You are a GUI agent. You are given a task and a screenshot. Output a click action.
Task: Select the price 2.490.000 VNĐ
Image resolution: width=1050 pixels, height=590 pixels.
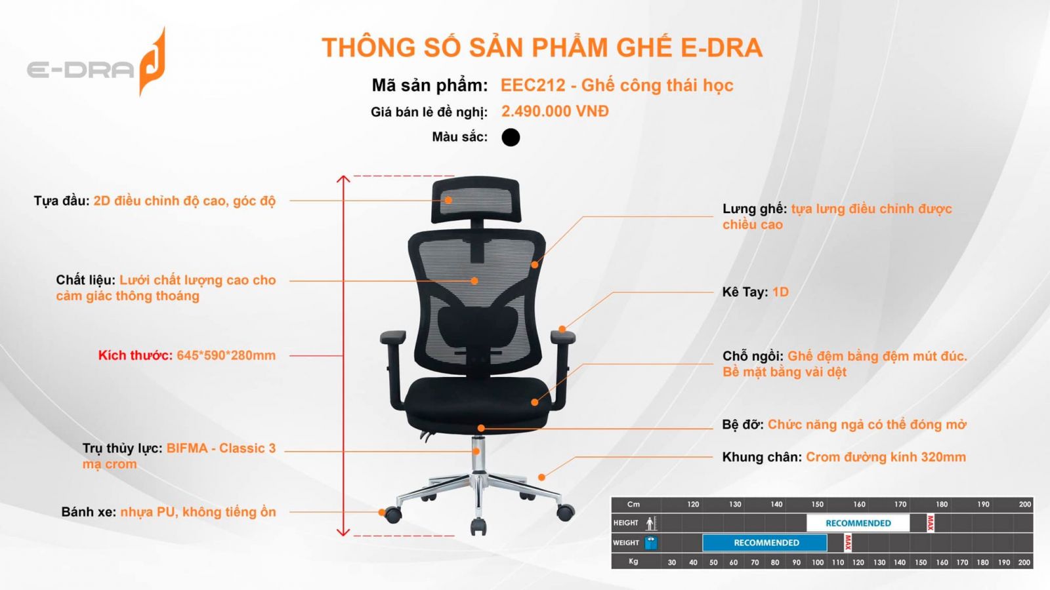click(555, 111)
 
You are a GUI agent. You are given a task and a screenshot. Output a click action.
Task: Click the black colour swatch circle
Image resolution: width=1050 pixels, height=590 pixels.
click(511, 137)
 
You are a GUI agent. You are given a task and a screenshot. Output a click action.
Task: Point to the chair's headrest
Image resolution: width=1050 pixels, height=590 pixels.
click(476, 201)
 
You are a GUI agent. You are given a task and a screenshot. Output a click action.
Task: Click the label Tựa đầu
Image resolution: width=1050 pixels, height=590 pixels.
click(62, 201)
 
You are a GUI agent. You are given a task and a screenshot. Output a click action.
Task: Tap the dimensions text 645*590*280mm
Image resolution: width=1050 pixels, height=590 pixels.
click(226, 355)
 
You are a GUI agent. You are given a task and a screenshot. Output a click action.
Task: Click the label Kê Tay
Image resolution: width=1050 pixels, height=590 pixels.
click(745, 292)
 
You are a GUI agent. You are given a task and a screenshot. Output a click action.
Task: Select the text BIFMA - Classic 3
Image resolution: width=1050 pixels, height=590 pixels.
click(220, 448)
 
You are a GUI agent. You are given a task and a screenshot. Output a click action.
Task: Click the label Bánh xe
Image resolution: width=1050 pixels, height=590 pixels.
click(89, 512)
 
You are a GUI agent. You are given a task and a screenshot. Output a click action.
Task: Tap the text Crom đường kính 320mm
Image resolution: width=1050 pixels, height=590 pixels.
click(885, 457)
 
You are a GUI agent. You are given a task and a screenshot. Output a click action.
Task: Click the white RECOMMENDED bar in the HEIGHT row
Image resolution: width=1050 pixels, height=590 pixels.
click(858, 523)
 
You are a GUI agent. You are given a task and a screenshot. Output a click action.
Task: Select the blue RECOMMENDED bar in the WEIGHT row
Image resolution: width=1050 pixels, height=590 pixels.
click(765, 543)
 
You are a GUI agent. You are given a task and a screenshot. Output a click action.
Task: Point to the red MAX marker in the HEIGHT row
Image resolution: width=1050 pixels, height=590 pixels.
click(931, 523)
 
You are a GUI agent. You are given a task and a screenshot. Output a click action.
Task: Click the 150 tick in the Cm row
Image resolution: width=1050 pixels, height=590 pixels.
click(818, 504)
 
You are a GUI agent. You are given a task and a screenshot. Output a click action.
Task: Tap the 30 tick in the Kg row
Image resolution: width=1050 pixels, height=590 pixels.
click(672, 562)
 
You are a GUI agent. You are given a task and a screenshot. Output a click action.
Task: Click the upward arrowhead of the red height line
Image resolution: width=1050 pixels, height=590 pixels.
click(343, 179)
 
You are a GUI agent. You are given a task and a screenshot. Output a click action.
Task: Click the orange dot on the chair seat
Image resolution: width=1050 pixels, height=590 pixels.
click(535, 403)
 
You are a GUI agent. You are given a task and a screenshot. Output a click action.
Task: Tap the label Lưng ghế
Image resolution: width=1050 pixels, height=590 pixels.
click(754, 209)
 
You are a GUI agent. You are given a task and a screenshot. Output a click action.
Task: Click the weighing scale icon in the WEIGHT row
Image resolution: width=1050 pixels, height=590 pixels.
click(651, 543)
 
